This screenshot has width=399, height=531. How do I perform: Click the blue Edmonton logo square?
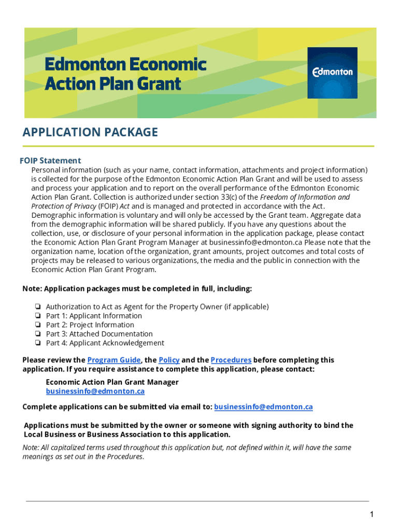332,73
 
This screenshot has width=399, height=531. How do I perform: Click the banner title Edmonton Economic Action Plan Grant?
125,74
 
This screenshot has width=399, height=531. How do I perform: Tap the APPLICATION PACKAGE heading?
90,132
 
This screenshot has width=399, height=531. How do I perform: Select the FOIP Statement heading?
50,160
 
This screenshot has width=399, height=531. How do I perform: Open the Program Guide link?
114,360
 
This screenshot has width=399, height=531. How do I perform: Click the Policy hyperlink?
169,360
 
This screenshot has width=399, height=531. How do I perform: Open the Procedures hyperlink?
231,360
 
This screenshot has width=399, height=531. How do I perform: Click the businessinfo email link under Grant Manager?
95,391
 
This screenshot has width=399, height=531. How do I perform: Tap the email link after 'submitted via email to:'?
263,407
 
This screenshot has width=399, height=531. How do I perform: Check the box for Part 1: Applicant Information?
38,316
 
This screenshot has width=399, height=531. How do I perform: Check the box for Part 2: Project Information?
38,325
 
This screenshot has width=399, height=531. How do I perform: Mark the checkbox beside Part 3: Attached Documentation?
38,334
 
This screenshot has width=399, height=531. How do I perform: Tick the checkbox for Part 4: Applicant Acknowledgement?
38,343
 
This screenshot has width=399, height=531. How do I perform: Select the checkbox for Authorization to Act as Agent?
38,307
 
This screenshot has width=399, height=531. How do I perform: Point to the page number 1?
372,514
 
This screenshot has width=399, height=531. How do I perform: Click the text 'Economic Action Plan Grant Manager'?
112,382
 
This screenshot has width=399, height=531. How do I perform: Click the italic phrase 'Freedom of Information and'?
305,197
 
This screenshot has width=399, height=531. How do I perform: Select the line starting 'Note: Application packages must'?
137,288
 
